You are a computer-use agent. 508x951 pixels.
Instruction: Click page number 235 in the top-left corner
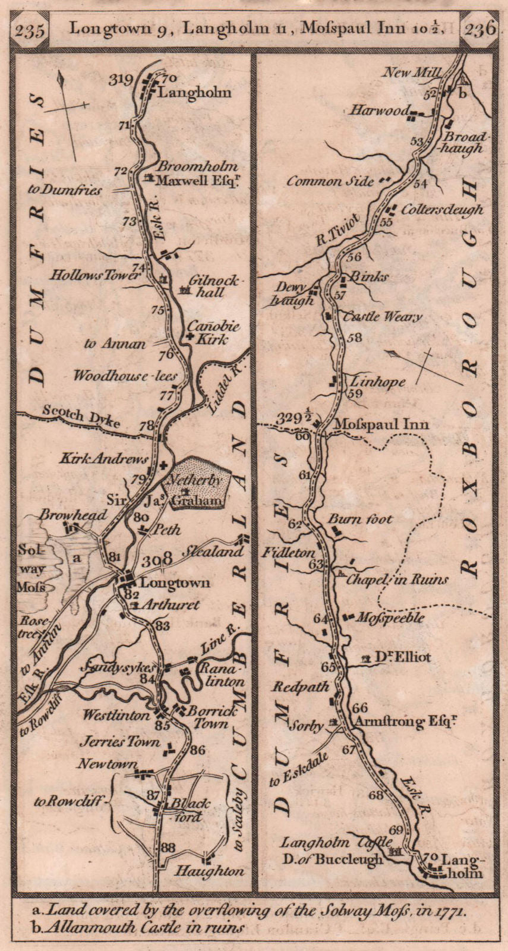click(x=30, y=30)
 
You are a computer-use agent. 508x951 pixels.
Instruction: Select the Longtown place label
click(x=175, y=583)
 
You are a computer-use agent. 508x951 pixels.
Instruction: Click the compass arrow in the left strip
click(x=67, y=113)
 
